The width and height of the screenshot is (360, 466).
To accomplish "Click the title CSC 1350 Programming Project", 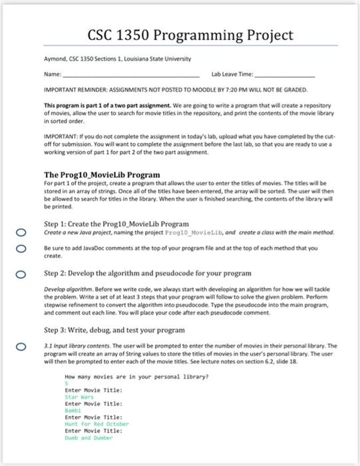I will [190, 35].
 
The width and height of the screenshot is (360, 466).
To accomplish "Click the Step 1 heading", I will [116, 224].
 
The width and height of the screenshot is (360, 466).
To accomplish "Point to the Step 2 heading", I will [148, 273].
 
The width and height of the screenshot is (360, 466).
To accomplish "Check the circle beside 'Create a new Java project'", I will [22, 232].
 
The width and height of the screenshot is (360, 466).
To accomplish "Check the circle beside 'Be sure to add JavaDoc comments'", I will [22, 249].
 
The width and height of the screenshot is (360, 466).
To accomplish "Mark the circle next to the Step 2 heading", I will [22, 274].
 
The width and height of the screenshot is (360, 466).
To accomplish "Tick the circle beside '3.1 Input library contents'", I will [22, 346].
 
